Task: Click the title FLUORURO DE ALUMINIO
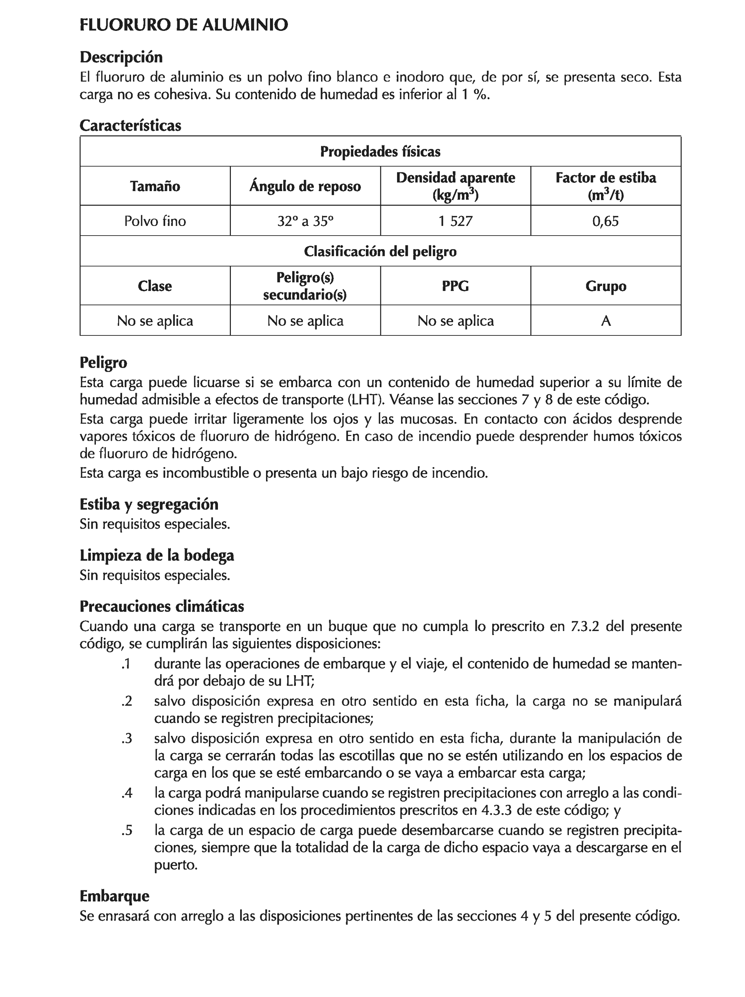pos(183,25)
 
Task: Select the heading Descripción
pos(121,57)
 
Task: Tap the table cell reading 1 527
pos(455,221)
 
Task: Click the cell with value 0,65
pos(605,221)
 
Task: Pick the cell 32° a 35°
pos(305,221)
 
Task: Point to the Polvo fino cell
pos(155,221)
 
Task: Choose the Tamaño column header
pos(155,186)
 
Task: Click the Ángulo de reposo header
pos(305,186)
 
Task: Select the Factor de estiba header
pos(605,186)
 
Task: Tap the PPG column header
pos(455,286)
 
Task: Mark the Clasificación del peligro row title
pos(380,251)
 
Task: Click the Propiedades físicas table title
pos(380,152)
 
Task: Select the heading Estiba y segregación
pos(149,504)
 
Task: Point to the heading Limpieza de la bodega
pos(157,555)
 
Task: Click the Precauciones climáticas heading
pos(162,606)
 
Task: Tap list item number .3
pos(127,739)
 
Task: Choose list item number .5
pos(127,830)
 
